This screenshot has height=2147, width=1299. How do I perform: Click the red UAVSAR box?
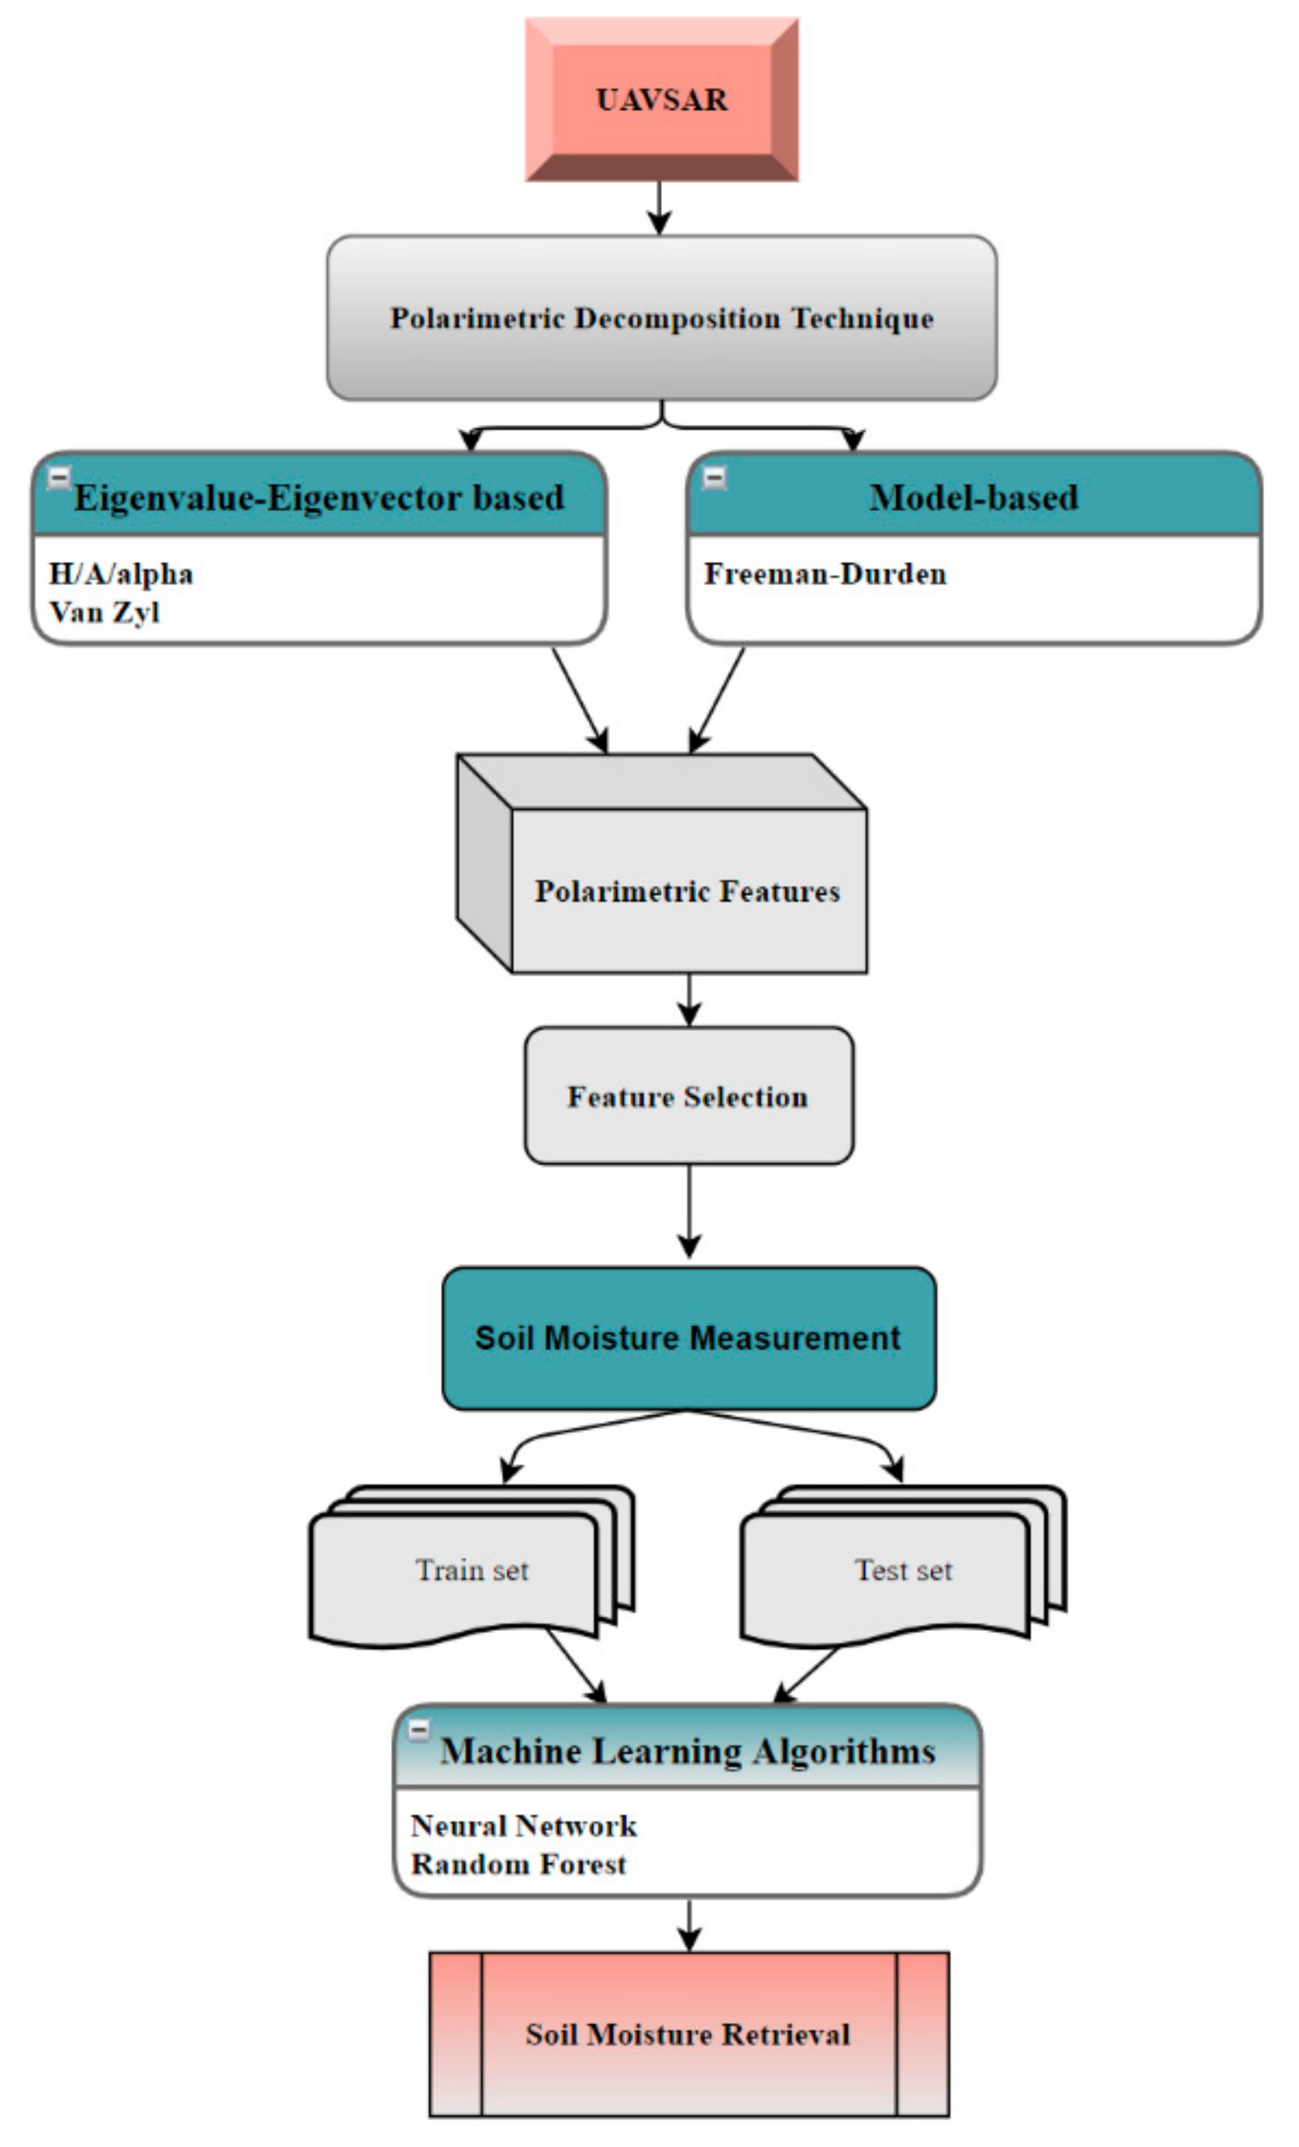[x=661, y=99]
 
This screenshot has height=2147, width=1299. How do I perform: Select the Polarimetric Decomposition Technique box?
[x=661, y=318]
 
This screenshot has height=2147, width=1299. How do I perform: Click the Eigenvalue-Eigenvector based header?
[x=319, y=497]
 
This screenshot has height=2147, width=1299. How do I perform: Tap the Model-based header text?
[x=973, y=497]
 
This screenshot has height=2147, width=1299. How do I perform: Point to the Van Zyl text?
[x=105, y=612]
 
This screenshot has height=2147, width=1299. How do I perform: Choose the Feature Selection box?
[x=688, y=1096]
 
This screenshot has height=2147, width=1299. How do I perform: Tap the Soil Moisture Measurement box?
[x=688, y=1338]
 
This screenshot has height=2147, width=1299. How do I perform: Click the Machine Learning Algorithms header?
[x=688, y=1751]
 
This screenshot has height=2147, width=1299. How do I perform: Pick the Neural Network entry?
[x=524, y=1825]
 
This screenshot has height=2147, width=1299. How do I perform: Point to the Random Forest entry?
[x=518, y=1864]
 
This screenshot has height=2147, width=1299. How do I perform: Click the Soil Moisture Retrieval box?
[x=688, y=2034]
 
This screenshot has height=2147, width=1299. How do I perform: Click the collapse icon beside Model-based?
[x=714, y=477]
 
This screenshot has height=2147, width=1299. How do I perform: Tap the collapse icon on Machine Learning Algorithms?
[x=419, y=1730]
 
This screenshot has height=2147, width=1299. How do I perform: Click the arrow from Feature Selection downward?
[x=689, y=1211]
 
